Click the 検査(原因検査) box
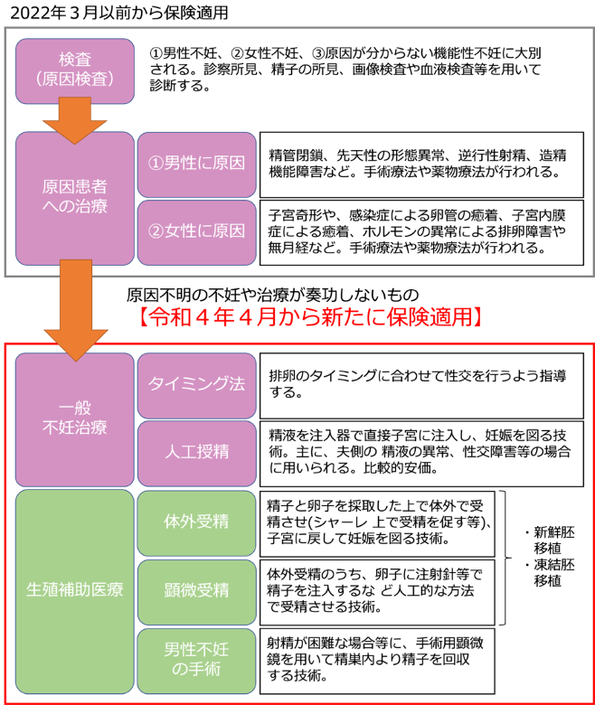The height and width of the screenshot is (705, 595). click(75, 70)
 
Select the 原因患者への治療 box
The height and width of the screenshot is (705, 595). click(75, 198)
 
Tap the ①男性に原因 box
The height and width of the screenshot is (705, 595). click(196, 164)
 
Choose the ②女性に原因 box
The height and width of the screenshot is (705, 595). click(196, 231)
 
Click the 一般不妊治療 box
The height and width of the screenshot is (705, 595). click(75, 418)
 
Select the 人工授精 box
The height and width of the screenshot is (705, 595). click(196, 452)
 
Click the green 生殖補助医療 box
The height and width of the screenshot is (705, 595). click(75, 591)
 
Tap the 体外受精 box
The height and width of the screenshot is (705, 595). click(196, 522)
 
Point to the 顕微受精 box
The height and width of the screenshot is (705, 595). click(196, 591)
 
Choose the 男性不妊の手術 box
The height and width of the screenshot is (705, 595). click(196, 660)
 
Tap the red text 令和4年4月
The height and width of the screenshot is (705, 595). click(210, 317)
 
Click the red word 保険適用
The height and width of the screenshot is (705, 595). click(429, 317)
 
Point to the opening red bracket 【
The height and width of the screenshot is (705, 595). click(143, 317)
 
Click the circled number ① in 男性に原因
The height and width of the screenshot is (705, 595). click(155, 164)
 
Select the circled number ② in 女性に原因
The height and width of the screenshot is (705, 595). click(155, 231)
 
